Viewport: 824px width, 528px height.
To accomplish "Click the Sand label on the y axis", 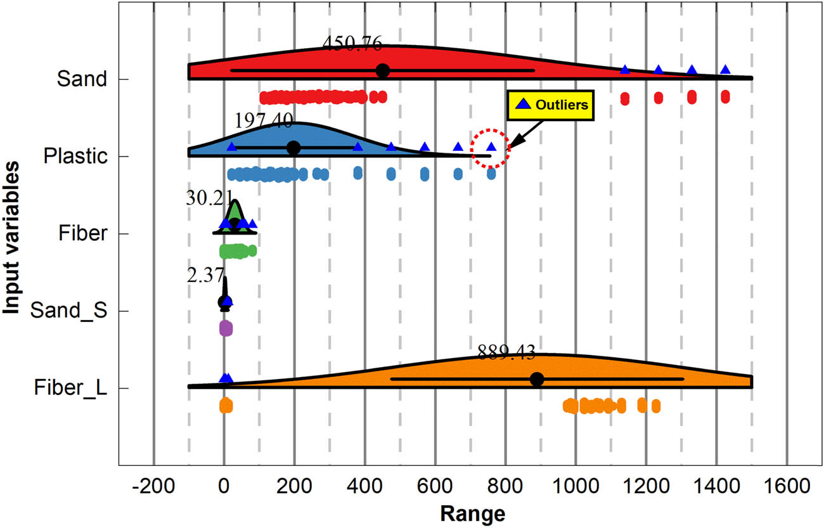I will (x=80, y=79).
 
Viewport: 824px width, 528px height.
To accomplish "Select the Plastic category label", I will (x=74, y=157).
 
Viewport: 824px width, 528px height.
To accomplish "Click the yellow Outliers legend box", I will (x=550, y=105).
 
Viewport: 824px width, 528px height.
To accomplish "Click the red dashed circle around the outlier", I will (x=491, y=148).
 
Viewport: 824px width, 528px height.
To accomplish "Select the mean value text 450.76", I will (x=352, y=43).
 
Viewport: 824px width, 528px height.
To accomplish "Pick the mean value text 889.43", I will (x=506, y=352).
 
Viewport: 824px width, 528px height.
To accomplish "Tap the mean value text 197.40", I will (x=264, y=120).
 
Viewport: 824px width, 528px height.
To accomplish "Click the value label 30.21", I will (x=210, y=198).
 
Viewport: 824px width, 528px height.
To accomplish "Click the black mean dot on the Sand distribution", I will (x=382, y=70).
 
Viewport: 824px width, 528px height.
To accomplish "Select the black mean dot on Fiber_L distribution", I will (x=537, y=379).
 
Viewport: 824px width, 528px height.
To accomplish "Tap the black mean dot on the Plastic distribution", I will (x=293, y=148).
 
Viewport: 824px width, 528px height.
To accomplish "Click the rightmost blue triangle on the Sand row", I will (x=725, y=70).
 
